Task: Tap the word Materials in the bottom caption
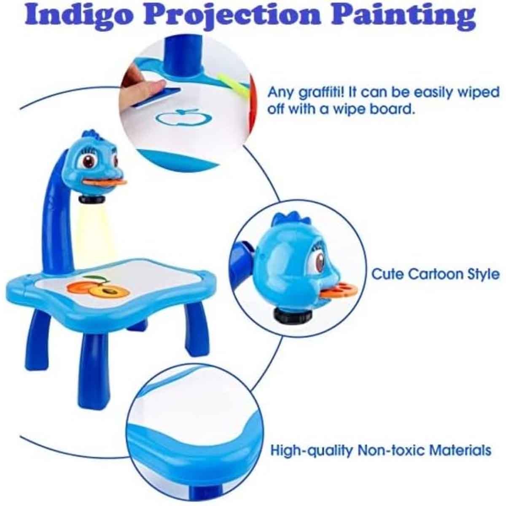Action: [x=460, y=450]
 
